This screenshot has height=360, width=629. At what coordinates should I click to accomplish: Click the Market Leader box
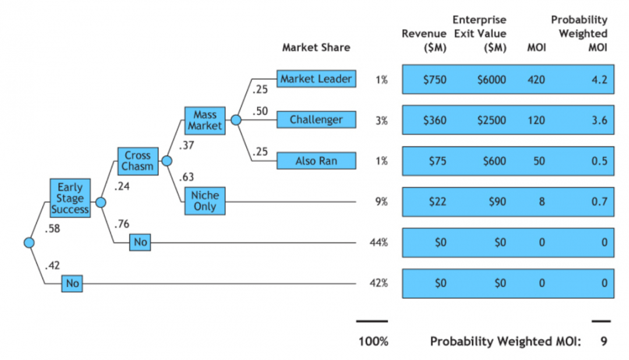(x=316, y=79)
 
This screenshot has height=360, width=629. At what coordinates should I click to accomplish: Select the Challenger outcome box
(x=316, y=119)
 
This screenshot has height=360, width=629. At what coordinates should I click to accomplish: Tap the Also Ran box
(x=316, y=161)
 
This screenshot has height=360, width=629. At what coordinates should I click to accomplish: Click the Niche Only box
(x=204, y=200)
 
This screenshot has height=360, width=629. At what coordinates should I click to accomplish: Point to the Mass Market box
(x=204, y=121)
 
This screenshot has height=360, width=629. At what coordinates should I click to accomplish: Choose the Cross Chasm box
(x=137, y=161)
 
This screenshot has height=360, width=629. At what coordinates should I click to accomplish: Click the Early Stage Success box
(x=70, y=198)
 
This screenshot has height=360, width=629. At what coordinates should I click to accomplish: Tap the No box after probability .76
(x=140, y=242)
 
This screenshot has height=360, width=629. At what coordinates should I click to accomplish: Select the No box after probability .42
(x=72, y=283)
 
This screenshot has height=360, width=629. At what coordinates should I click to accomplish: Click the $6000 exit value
(x=492, y=80)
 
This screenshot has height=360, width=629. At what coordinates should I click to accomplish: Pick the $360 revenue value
(x=435, y=121)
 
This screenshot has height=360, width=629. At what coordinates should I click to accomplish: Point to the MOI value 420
(x=536, y=80)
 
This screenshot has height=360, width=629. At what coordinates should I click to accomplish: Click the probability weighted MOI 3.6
(x=599, y=121)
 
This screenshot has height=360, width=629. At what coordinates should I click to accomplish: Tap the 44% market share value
(x=379, y=242)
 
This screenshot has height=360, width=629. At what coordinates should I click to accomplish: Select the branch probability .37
(x=186, y=145)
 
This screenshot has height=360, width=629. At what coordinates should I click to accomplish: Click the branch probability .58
(x=52, y=229)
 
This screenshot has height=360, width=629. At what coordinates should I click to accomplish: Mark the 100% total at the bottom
(x=373, y=341)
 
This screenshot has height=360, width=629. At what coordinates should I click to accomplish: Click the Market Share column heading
(x=316, y=47)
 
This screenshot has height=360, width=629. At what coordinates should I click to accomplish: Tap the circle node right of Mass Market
(x=236, y=119)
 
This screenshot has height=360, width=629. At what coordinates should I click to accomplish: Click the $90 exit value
(x=497, y=202)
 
